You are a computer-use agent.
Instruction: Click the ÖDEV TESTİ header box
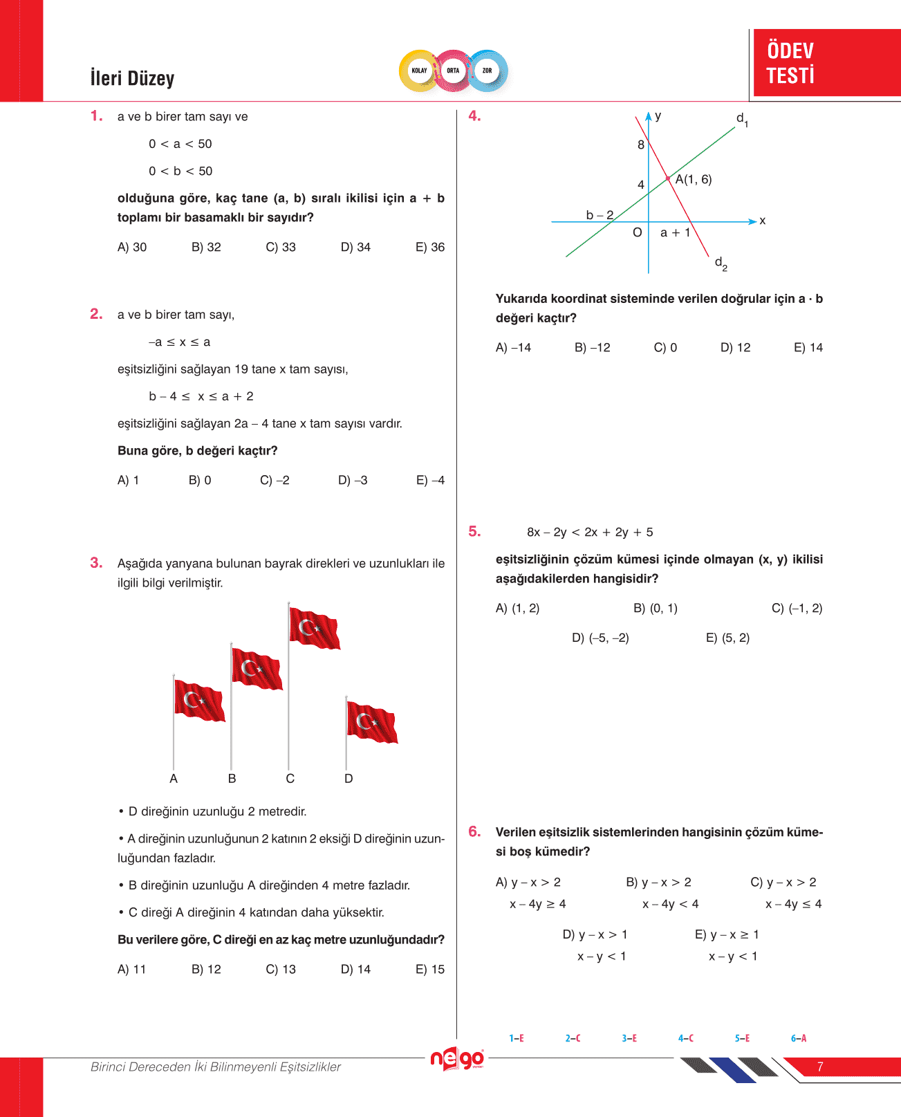click(826, 63)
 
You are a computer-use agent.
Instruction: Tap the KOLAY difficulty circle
click(419, 71)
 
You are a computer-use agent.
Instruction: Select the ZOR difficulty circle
click(487, 71)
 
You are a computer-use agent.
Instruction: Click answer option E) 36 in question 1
click(429, 247)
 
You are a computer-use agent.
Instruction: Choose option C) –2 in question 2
click(275, 480)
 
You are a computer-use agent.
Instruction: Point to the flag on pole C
click(315, 629)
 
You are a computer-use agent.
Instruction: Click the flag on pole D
click(372, 722)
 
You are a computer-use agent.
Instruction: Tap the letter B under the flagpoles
click(232, 779)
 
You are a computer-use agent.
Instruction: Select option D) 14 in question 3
click(355, 969)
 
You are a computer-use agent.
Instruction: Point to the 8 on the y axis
click(641, 145)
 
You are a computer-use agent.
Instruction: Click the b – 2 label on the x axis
click(600, 215)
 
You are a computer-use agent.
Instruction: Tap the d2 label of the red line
click(721, 264)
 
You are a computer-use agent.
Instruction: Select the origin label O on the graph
click(638, 232)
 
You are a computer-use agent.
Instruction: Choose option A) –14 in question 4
click(513, 347)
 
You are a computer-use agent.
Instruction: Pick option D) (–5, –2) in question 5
click(600, 638)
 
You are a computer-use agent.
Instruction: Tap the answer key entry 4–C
click(686, 1038)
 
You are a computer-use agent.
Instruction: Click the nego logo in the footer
click(457, 1059)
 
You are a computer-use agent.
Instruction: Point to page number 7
click(820, 1067)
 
